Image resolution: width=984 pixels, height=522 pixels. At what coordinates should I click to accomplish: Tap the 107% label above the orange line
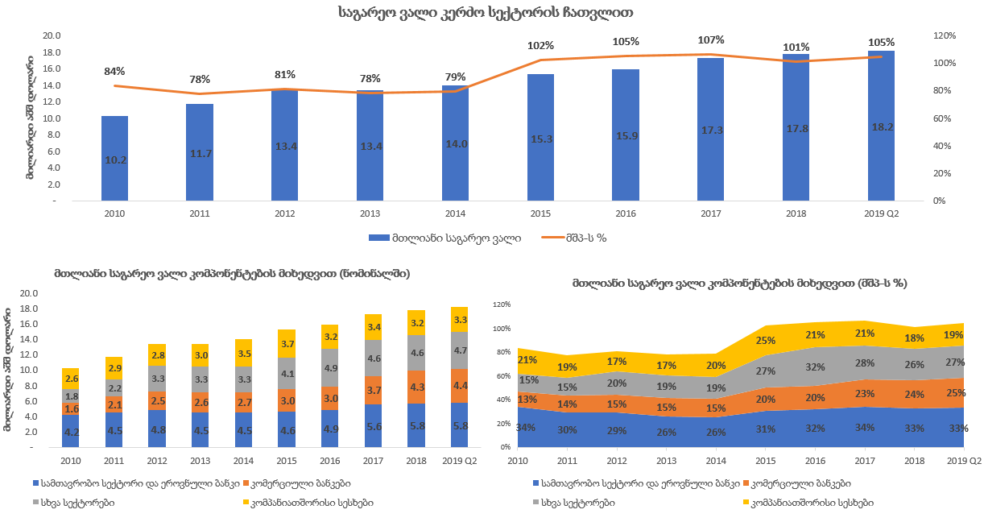point(711,40)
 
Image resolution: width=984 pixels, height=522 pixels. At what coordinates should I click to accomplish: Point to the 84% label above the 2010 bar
point(115,72)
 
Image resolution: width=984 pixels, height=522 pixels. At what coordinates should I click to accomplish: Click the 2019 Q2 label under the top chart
point(881,213)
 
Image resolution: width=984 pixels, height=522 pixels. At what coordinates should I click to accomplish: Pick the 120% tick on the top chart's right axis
point(944,35)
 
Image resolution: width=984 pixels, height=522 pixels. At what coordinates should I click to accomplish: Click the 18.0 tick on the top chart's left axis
point(52,52)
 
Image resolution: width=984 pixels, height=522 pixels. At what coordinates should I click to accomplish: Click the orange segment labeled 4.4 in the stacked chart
point(460,386)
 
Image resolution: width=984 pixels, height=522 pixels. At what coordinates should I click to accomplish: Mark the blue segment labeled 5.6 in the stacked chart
point(374,426)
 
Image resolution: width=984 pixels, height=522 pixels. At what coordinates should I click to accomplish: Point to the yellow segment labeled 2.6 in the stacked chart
point(72,379)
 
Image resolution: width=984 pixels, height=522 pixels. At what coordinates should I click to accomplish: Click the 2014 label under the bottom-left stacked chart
point(244,460)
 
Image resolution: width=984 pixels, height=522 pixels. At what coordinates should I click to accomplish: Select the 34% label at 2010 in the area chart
point(527,427)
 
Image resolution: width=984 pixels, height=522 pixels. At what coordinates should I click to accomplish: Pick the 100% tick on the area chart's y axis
point(502,329)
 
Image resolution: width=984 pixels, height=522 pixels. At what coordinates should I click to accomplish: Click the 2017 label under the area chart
point(865,460)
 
